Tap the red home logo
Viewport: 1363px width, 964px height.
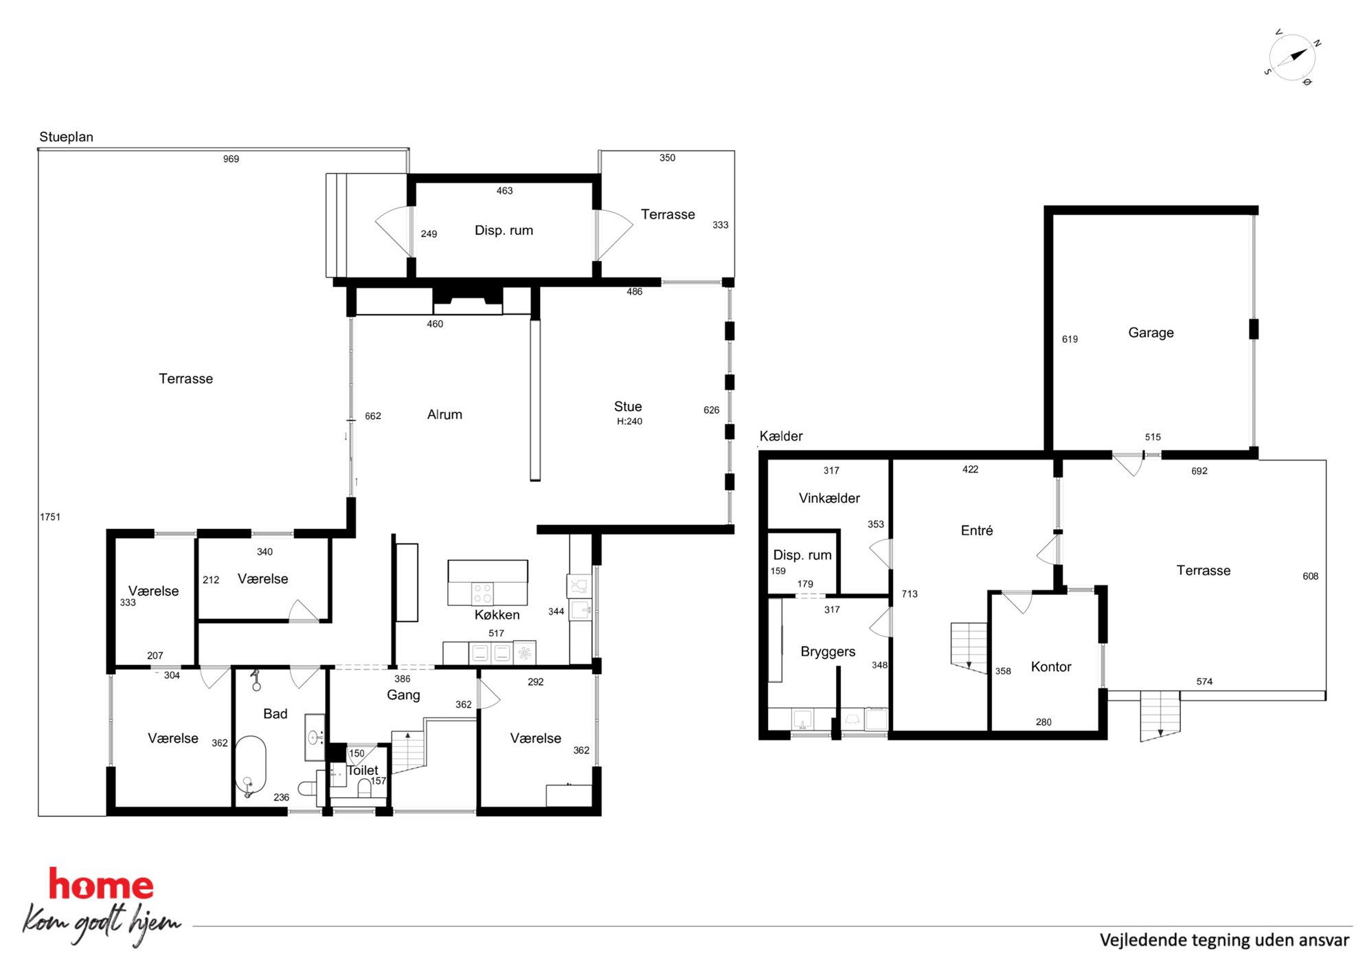101,884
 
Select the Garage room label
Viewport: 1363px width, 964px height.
1151,333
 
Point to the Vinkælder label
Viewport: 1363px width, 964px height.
829,498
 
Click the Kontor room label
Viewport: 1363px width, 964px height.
1051,666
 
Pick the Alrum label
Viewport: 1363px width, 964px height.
444,414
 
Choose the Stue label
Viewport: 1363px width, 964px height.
628,406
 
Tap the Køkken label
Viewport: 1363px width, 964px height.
497,615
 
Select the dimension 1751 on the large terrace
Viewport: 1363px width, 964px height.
50,517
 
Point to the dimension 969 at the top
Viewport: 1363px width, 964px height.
231,159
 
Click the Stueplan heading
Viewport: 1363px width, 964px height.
66,137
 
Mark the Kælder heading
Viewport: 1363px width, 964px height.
781,436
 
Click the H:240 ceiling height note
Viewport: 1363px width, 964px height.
629,421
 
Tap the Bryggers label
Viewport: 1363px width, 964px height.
828,651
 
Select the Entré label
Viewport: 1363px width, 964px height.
977,530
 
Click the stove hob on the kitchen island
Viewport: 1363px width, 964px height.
482,594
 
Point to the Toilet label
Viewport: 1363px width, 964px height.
362,770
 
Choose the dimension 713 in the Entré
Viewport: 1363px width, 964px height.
910,594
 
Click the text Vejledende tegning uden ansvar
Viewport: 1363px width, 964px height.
1224,940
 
